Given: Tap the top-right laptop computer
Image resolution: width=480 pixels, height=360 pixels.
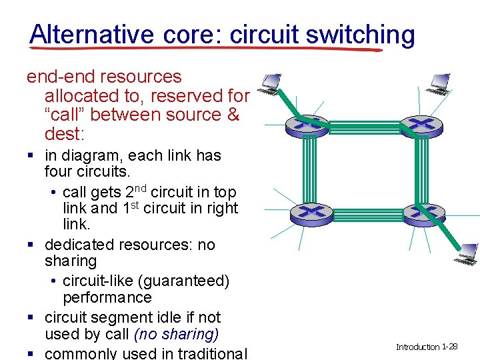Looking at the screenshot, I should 440,81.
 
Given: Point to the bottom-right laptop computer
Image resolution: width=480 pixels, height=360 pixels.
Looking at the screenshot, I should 465,251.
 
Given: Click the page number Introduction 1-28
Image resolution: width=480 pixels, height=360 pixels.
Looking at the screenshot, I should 426,347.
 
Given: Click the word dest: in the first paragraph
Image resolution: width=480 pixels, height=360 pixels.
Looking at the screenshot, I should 64,134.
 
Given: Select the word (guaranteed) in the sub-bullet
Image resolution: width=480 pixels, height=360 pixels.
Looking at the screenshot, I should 181,281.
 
